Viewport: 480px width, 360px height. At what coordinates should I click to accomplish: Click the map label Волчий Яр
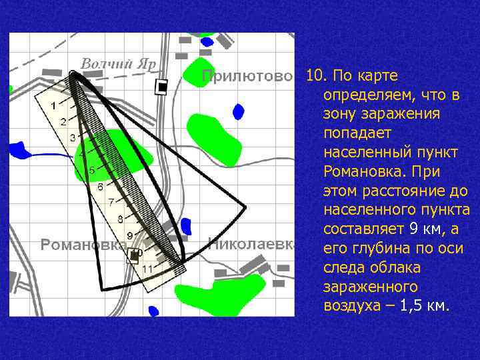point(118,64)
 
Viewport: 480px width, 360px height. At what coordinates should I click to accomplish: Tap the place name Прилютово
point(247,76)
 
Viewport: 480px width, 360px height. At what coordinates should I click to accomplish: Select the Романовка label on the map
point(83,245)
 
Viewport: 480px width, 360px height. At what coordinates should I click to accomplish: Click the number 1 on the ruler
point(53,104)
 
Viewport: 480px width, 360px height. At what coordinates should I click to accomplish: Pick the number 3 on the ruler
point(72,138)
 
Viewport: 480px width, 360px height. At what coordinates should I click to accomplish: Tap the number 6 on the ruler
point(100,187)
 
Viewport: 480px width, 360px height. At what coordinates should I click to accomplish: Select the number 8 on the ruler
point(120,219)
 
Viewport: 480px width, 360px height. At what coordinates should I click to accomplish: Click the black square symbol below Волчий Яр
point(161,87)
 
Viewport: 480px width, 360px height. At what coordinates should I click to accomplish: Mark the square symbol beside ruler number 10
point(134,255)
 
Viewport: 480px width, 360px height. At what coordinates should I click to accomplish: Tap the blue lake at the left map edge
point(19,150)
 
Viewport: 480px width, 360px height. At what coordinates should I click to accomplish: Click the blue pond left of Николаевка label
point(186,226)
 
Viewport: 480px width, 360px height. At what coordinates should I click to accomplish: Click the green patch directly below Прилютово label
point(212,137)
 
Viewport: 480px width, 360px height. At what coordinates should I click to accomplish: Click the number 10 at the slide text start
point(314,75)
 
